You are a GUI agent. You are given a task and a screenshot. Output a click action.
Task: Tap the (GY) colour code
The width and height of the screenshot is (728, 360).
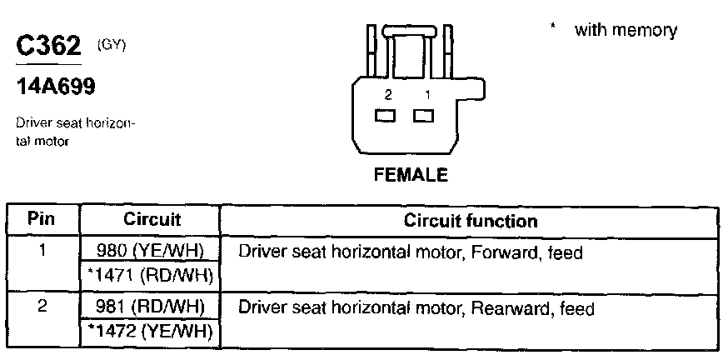point(111,43)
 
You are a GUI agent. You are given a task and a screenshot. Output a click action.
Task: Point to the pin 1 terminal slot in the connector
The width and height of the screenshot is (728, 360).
point(424,116)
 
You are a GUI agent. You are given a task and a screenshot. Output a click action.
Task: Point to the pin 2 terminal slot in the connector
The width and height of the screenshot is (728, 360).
point(385,116)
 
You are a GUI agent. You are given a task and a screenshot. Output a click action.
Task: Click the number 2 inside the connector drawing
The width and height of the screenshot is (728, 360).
point(387,95)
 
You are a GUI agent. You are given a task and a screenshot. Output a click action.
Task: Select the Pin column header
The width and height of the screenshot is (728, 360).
point(42,220)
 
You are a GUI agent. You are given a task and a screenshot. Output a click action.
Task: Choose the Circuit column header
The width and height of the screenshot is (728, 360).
point(152,220)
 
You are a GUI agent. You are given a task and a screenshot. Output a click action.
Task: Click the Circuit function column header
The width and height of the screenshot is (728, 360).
point(470,221)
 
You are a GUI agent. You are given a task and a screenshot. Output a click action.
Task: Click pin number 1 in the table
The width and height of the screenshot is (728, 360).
point(42,249)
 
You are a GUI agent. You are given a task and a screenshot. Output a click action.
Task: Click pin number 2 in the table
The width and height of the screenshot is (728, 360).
point(42,306)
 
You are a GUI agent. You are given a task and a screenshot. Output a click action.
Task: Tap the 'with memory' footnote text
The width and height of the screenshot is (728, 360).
point(626,31)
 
